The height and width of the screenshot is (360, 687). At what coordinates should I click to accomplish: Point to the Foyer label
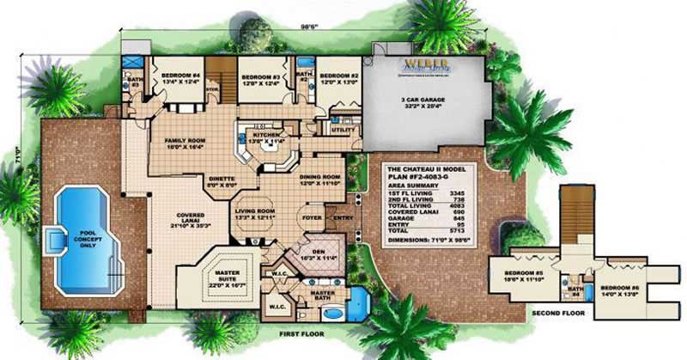[308, 218]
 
